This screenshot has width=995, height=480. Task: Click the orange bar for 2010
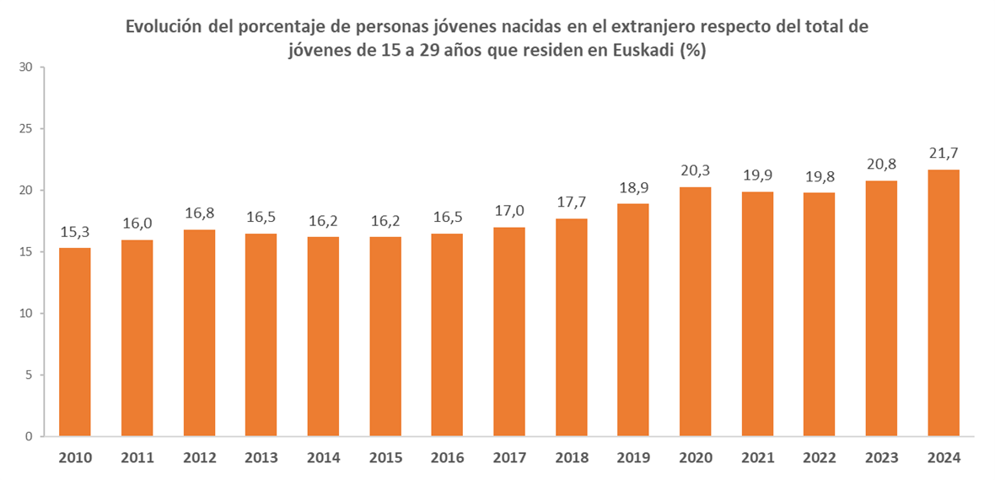75,342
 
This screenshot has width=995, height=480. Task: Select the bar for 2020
695,311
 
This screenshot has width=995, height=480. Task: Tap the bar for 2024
943,303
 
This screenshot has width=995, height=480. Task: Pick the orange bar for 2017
509,332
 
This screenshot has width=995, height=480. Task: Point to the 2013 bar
261,335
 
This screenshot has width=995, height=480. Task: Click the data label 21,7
943,154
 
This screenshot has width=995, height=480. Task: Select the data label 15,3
75,231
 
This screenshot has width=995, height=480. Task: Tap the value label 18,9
633,187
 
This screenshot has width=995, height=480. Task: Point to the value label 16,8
199,213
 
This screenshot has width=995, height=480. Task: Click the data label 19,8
819,176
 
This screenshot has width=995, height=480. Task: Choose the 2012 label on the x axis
199,458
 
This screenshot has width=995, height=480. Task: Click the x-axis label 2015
385,458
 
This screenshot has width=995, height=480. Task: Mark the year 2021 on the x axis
757,458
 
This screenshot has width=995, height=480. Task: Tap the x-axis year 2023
881,458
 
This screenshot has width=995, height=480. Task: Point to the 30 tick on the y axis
25,67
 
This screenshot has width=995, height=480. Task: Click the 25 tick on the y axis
25,129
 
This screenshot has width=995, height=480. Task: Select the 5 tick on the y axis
29,375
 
